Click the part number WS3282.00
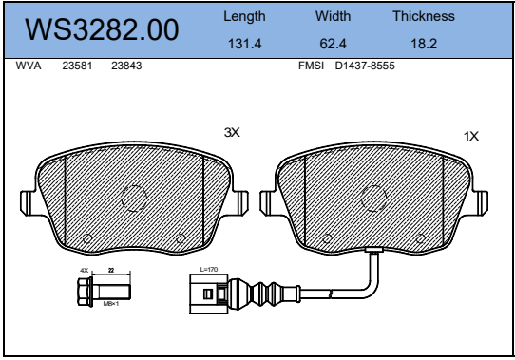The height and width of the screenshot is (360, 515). point(102,29)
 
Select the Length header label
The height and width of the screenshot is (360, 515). point(244,17)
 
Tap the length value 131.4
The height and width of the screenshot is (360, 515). point(245,44)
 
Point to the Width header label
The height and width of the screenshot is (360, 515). point(334,16)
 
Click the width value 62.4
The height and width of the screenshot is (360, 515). point(334,44)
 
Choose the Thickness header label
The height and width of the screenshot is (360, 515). point(424,16)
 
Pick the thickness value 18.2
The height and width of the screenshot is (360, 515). point(424,44)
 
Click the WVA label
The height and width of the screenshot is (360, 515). point(29,66)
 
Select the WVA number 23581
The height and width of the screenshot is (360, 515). point(77,66)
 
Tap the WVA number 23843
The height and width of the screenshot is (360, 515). point(126,66)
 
